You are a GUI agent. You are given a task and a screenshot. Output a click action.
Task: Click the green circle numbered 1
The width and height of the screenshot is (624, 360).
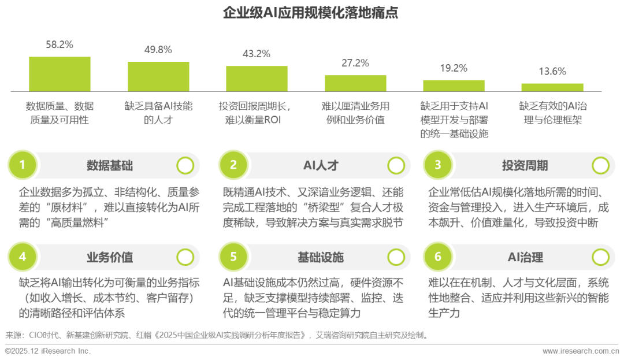23,166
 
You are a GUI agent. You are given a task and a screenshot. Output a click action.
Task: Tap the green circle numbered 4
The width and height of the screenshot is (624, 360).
23,257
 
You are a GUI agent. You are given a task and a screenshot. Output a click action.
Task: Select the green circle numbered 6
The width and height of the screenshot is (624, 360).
437,257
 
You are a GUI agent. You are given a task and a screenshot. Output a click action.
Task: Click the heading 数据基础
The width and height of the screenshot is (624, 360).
110,166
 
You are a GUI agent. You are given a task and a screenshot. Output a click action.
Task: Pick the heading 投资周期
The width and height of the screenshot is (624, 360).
525,166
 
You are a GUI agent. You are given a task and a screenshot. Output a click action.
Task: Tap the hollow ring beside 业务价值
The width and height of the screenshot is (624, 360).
185,257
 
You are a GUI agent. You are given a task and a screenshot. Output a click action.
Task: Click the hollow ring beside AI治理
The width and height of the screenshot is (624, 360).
600,257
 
